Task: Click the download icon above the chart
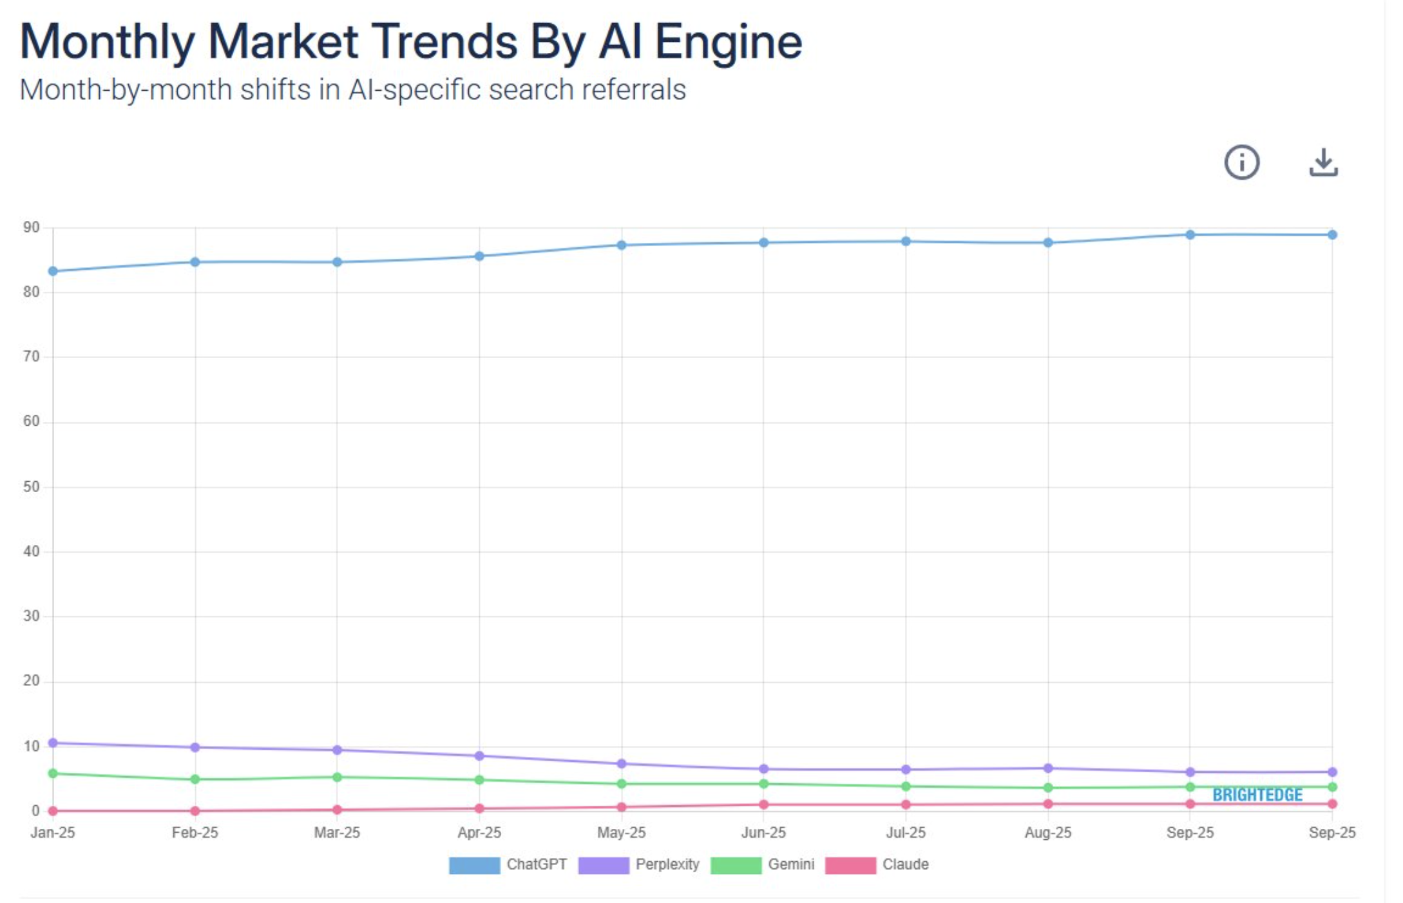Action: tap(1323, 162)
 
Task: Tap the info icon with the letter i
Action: tap(1241, 162)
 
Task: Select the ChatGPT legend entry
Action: tap(508, 864)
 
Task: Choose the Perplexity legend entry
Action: tap(639, 864)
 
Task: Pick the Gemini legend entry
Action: tap(763, 864)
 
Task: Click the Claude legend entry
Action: tap(877, 864)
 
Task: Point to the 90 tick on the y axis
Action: tap(31, 227)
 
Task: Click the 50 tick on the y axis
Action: tap(31, 487)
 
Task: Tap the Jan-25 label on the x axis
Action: tap(53, 832)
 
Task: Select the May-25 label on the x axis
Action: tap(621, 832)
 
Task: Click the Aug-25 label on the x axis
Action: tap(1047, 832)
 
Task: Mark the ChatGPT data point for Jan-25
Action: tap(53, 271)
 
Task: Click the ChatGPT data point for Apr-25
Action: tap(479, 256)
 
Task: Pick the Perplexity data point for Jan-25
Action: tap(53, 743)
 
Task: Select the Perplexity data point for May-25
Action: tap(622, 763)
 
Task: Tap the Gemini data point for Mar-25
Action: tap(337, 777)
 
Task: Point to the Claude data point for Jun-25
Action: tap(763, 804)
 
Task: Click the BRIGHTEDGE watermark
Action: tap(1257, 795)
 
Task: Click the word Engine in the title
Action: tap(728, 42)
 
